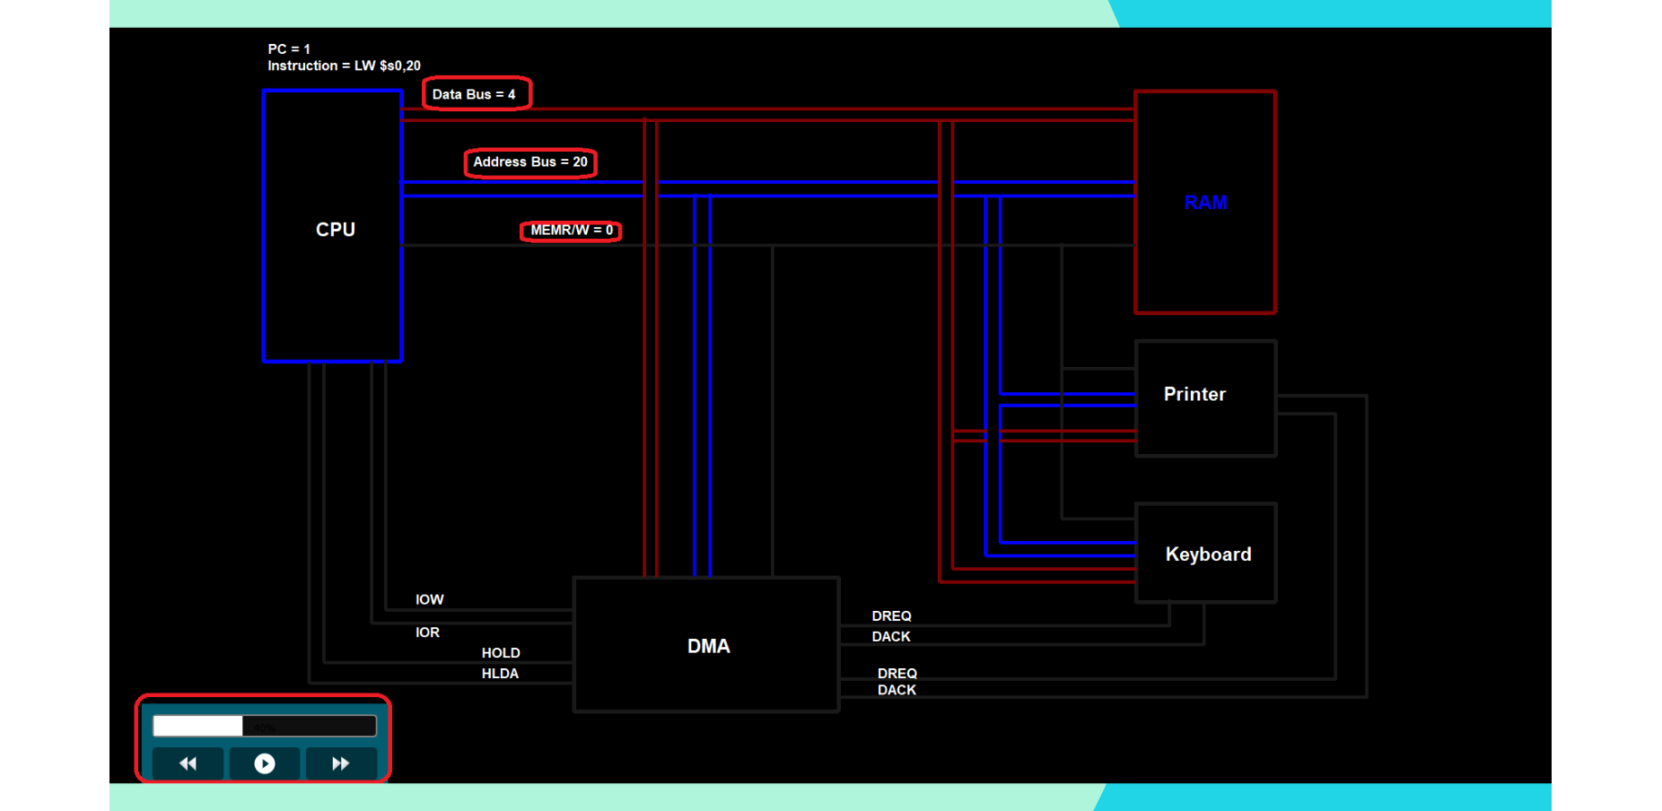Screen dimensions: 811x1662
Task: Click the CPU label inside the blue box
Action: click(x=336, y=230)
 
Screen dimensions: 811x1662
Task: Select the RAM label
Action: click(x=1205, y=203)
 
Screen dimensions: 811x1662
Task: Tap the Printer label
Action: click(x=1194, y=394)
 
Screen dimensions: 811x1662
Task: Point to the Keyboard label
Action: click(x=1208, y=554)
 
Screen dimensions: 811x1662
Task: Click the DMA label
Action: click(x=708, y=646)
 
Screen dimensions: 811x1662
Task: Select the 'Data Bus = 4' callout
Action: click(x=475, y=94)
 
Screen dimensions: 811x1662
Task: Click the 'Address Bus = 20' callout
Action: click(x=530, y=162)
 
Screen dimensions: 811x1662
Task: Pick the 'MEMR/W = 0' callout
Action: click(x=572, y=231)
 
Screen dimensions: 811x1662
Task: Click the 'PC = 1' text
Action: click(x=289, y=49)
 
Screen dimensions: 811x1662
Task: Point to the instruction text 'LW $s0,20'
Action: click(x=387, y=65)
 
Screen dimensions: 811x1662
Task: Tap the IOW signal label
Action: click(x=429, y=599)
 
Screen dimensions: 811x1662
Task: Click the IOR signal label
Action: click(x=427, y=632)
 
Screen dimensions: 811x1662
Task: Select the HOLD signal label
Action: click(x=501, y=653)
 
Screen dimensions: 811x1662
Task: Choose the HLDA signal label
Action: click(x=500, y=674)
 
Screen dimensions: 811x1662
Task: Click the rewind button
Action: click(x=188, y=763)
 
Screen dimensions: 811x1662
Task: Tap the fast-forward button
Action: click(x=340, y=763)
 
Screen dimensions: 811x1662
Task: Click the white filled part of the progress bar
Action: click(x=197, y=726)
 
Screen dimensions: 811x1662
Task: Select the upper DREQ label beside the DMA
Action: click(x=891, y=616)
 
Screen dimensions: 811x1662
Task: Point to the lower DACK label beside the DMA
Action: click(x=897, y=690)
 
